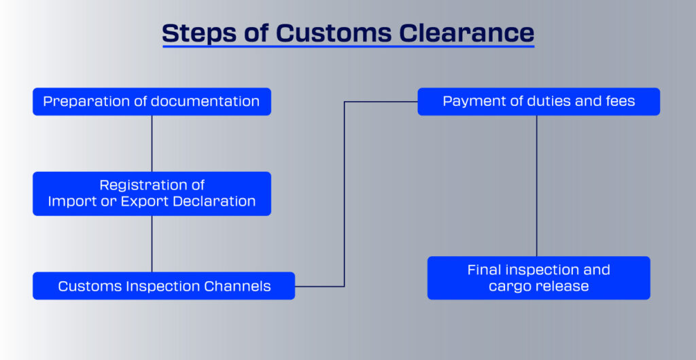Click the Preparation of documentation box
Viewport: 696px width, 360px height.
[x=152, y=101]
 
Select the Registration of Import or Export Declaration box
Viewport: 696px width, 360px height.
[x=152, y=194]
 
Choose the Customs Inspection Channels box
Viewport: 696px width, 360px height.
[x=164, y=286]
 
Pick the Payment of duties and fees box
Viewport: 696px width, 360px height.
[x=539, y=101]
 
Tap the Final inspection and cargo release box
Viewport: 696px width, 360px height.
[x=539, y=278]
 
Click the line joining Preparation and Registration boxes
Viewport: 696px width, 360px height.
[x=152, y=143]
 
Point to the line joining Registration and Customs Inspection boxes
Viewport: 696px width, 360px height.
[x=152, y=244]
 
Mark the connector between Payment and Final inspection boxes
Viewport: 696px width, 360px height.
[x=537, y=185]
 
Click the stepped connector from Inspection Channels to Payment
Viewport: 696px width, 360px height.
[x=345, y=194]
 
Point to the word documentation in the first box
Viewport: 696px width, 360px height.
[x=205, y=101]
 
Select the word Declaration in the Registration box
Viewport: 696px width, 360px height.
[x=214, y=201]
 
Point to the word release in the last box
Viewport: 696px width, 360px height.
[x=561, y=286]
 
